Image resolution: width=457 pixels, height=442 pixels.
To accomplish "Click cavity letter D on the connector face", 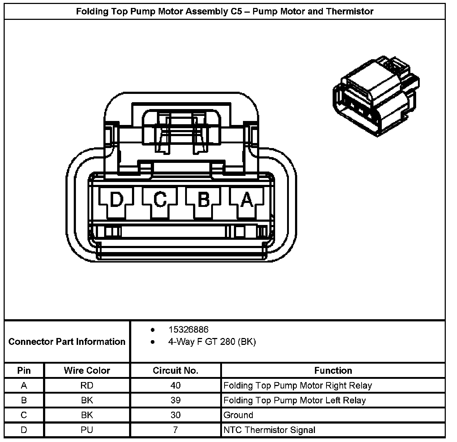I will tap(116, 199).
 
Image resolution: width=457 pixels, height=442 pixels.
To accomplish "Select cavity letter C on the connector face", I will tap(160, 199).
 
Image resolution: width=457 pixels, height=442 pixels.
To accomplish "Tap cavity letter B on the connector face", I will tap(204, 199).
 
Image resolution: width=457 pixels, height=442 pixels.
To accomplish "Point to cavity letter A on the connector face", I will tap(247, 199).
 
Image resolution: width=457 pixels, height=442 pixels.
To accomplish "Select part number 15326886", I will tap(188, 329).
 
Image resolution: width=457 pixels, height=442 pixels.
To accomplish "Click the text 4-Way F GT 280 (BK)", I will tap(212, 342).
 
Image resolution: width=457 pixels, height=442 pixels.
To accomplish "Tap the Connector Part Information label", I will tap(67, 342).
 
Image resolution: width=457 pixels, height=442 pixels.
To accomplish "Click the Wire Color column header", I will tap(87, 370).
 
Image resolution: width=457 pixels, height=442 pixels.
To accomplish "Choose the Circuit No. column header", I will tap(175, 370).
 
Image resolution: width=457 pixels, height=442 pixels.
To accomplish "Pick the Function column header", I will tap(333, 370).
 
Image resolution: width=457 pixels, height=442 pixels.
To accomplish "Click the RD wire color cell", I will tap(87, 385).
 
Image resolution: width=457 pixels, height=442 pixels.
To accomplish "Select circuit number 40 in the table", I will tap(175, 385).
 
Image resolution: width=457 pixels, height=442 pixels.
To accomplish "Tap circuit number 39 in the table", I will tap(175, 400).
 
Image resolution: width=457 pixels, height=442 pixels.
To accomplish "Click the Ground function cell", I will tap(238, 415).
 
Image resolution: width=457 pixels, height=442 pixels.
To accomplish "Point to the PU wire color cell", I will tap(87, 430).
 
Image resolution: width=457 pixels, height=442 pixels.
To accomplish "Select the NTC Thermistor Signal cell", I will tap(269, 430).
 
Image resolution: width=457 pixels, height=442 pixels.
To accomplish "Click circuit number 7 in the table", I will tap(175, 430).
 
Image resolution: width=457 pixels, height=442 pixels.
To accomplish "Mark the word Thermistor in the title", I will tap(350, 11).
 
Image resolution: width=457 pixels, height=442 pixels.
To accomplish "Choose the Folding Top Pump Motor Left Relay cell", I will tap(295, 400).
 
